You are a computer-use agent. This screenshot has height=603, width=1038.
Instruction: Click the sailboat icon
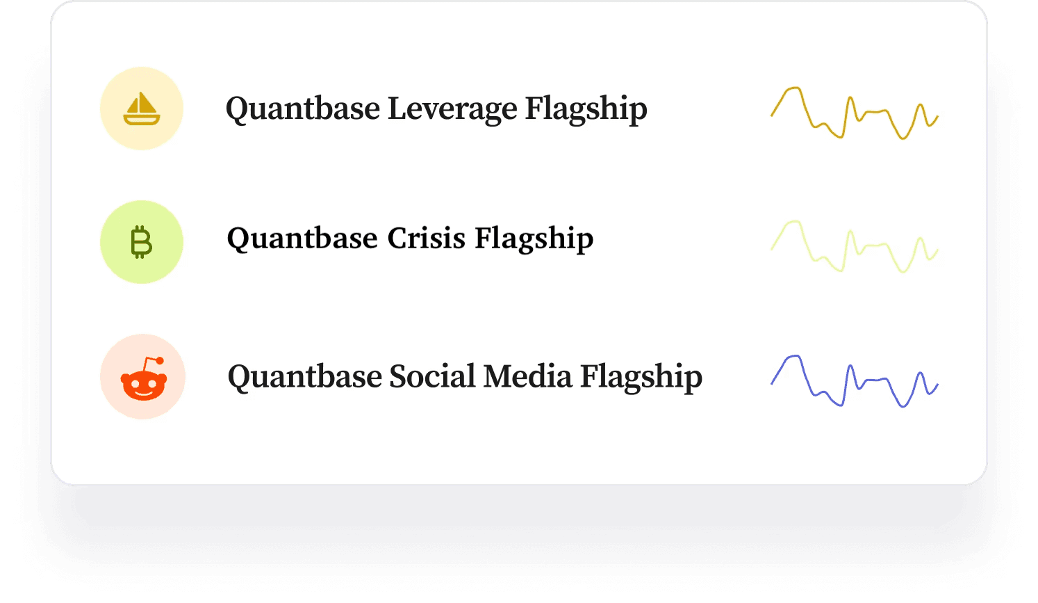(x=142, y=108)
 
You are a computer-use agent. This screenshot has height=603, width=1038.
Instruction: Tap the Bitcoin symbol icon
(x=141, y=241)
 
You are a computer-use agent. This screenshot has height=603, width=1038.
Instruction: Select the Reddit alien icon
(x=144, y=378)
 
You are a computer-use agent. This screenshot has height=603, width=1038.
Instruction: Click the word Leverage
(x=452, y=109)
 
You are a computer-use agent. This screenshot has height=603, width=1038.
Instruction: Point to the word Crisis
(x=427, y=239)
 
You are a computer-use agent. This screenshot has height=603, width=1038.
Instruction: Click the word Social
(x=432, y=376)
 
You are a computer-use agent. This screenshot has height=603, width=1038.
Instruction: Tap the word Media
(x=528, y=376)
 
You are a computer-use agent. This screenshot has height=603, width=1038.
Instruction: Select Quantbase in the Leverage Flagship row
(x=303, y=109)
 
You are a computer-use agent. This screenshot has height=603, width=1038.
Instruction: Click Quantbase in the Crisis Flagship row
(x=302, y=239)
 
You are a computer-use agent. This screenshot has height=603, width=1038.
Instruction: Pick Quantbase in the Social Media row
(x=304, y=377)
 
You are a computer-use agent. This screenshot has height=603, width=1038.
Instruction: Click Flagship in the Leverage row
(x=586, y=109)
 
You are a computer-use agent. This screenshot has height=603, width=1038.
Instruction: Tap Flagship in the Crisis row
(x=534, y=239)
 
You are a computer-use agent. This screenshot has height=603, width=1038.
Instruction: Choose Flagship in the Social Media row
(x=641, y=377)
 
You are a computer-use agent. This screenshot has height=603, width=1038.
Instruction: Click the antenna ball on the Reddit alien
(x=160, y=360)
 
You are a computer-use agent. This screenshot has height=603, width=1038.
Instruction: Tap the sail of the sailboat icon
(x=141, y=102)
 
